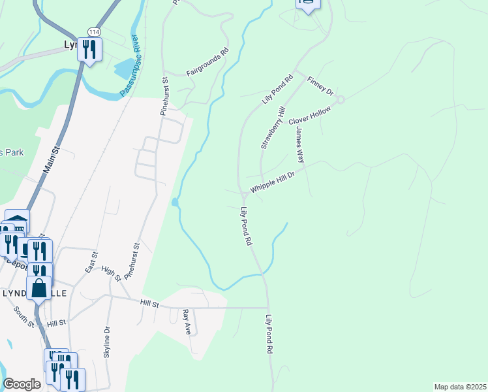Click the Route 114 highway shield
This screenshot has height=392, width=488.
[92, 31]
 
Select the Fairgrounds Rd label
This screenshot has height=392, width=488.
[208, 62]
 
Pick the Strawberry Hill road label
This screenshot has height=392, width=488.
[273, 128]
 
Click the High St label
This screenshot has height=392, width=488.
[112, 274]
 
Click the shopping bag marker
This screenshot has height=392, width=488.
[38, 288]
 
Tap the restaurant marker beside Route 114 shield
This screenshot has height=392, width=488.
[89, 49]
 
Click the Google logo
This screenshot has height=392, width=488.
[22, 384]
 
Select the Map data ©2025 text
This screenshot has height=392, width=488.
[459, 387]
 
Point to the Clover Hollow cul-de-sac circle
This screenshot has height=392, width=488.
[340, 99]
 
